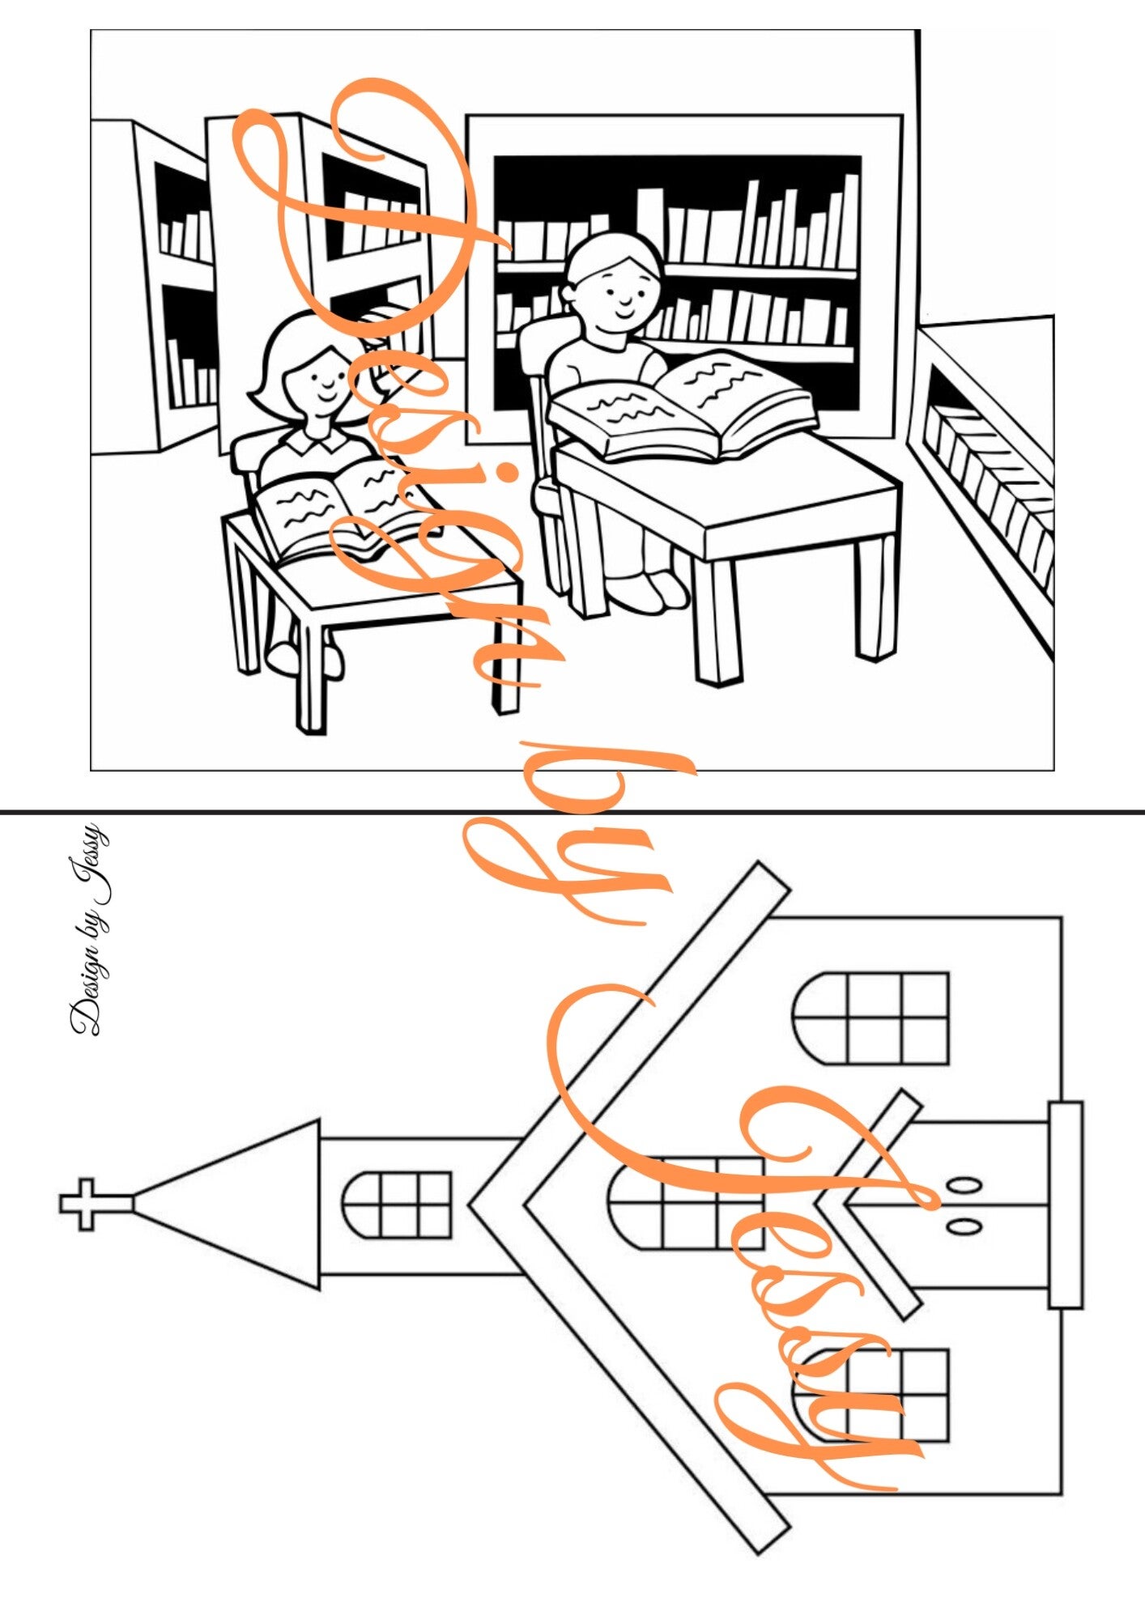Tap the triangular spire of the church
coord(243,1205)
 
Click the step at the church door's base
coord(1066,1205)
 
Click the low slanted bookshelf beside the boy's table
coord(984,478)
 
